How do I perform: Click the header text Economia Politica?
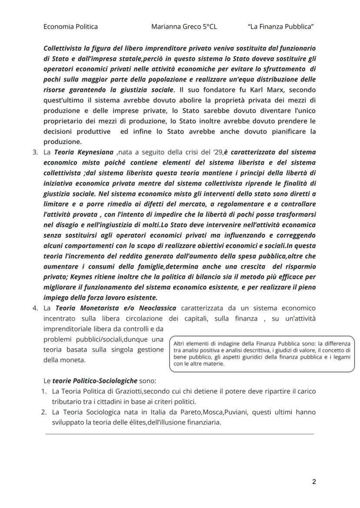[70, 27]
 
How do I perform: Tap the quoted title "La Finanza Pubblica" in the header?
[281, 27]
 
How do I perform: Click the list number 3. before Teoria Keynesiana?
[36, 152]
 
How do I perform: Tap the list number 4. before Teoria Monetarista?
[36, 308]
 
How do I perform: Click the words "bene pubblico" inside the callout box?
[187, 357]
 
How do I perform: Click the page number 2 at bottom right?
[314, 481]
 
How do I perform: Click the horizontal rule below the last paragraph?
[179, 433]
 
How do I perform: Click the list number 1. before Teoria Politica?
[44, 391]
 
